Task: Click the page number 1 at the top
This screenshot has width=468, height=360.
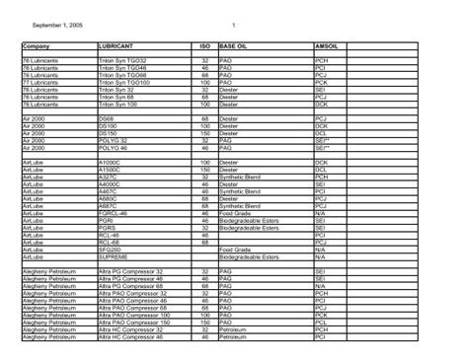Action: (233, 24)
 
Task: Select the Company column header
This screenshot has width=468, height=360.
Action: (38, 46)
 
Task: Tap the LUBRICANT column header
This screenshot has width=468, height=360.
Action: (117, 46)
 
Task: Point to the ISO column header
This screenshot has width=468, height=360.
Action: (203, 46)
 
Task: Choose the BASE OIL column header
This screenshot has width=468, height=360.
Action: (236, 46)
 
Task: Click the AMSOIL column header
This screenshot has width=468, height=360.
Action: (328, 46)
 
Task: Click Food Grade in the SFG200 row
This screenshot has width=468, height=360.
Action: (236, 251)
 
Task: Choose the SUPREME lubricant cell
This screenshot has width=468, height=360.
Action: (115, 256)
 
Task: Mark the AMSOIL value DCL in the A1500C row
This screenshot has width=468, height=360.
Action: (320, 169)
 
